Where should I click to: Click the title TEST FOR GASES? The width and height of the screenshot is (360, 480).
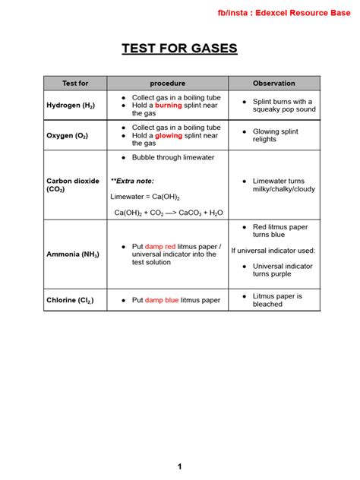click(180, 49)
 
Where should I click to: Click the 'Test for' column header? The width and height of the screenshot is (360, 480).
click(74, 83)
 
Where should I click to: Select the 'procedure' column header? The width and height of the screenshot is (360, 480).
click(167, 83)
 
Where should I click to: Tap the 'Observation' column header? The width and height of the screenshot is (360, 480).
click(274, 83)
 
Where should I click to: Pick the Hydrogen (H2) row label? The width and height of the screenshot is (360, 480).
click(72, 106)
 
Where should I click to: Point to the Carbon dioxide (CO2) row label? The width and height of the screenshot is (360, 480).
click(73, 185)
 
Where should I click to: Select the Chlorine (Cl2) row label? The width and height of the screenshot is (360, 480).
click(71, 300)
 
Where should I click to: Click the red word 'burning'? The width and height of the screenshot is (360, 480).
click(169, 106)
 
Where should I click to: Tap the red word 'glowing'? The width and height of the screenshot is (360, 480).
click(169, 136)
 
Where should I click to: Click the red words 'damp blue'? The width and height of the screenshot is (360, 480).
click(162, 300)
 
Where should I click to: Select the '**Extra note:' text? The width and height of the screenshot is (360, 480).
click(132, 181)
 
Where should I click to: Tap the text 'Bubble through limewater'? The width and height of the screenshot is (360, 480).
click(173, 157)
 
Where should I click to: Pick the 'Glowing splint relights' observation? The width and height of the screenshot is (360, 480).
click(276, 136)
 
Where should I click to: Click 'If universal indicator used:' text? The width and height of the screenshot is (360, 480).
click(273, 250)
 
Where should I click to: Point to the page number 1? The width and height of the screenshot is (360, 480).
click(180, 466)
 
